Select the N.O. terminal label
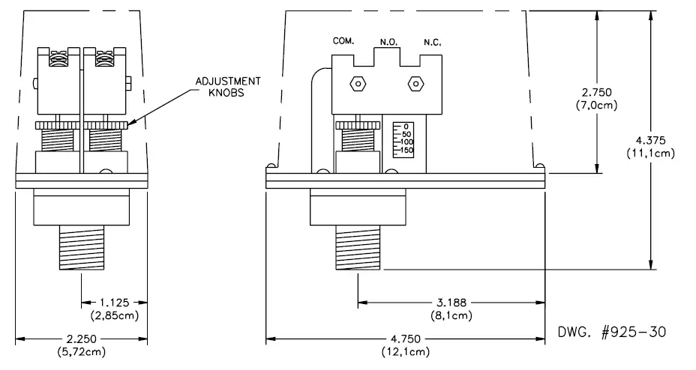pos(388,42)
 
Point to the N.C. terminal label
pos(432,42)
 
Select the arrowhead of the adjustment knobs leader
pos(130,123)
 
